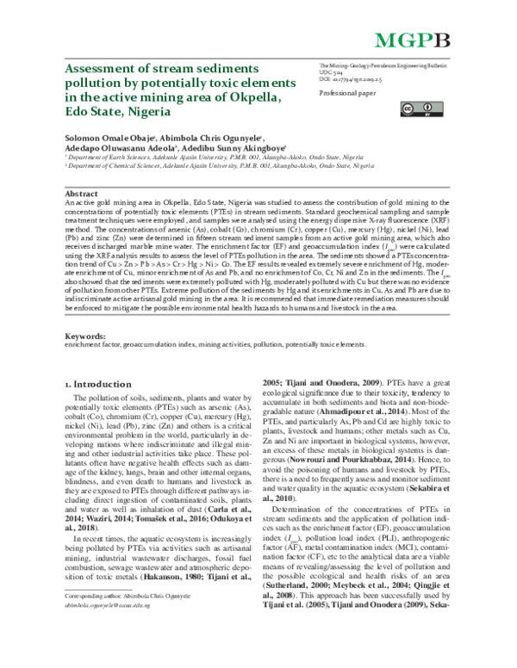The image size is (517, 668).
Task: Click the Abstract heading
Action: [82, 195]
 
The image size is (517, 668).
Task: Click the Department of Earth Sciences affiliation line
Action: [207, 159]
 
